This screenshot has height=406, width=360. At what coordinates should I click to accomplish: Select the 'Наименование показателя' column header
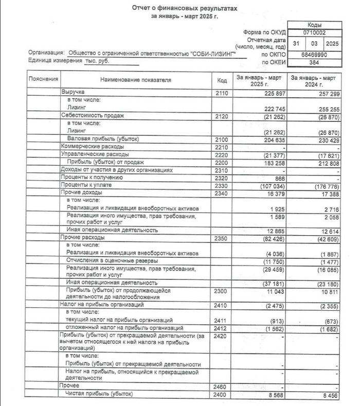pos(136,80)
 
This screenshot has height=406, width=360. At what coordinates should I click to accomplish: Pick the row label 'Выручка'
pos(73,92)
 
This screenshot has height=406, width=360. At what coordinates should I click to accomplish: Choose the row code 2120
pos(222,116)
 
